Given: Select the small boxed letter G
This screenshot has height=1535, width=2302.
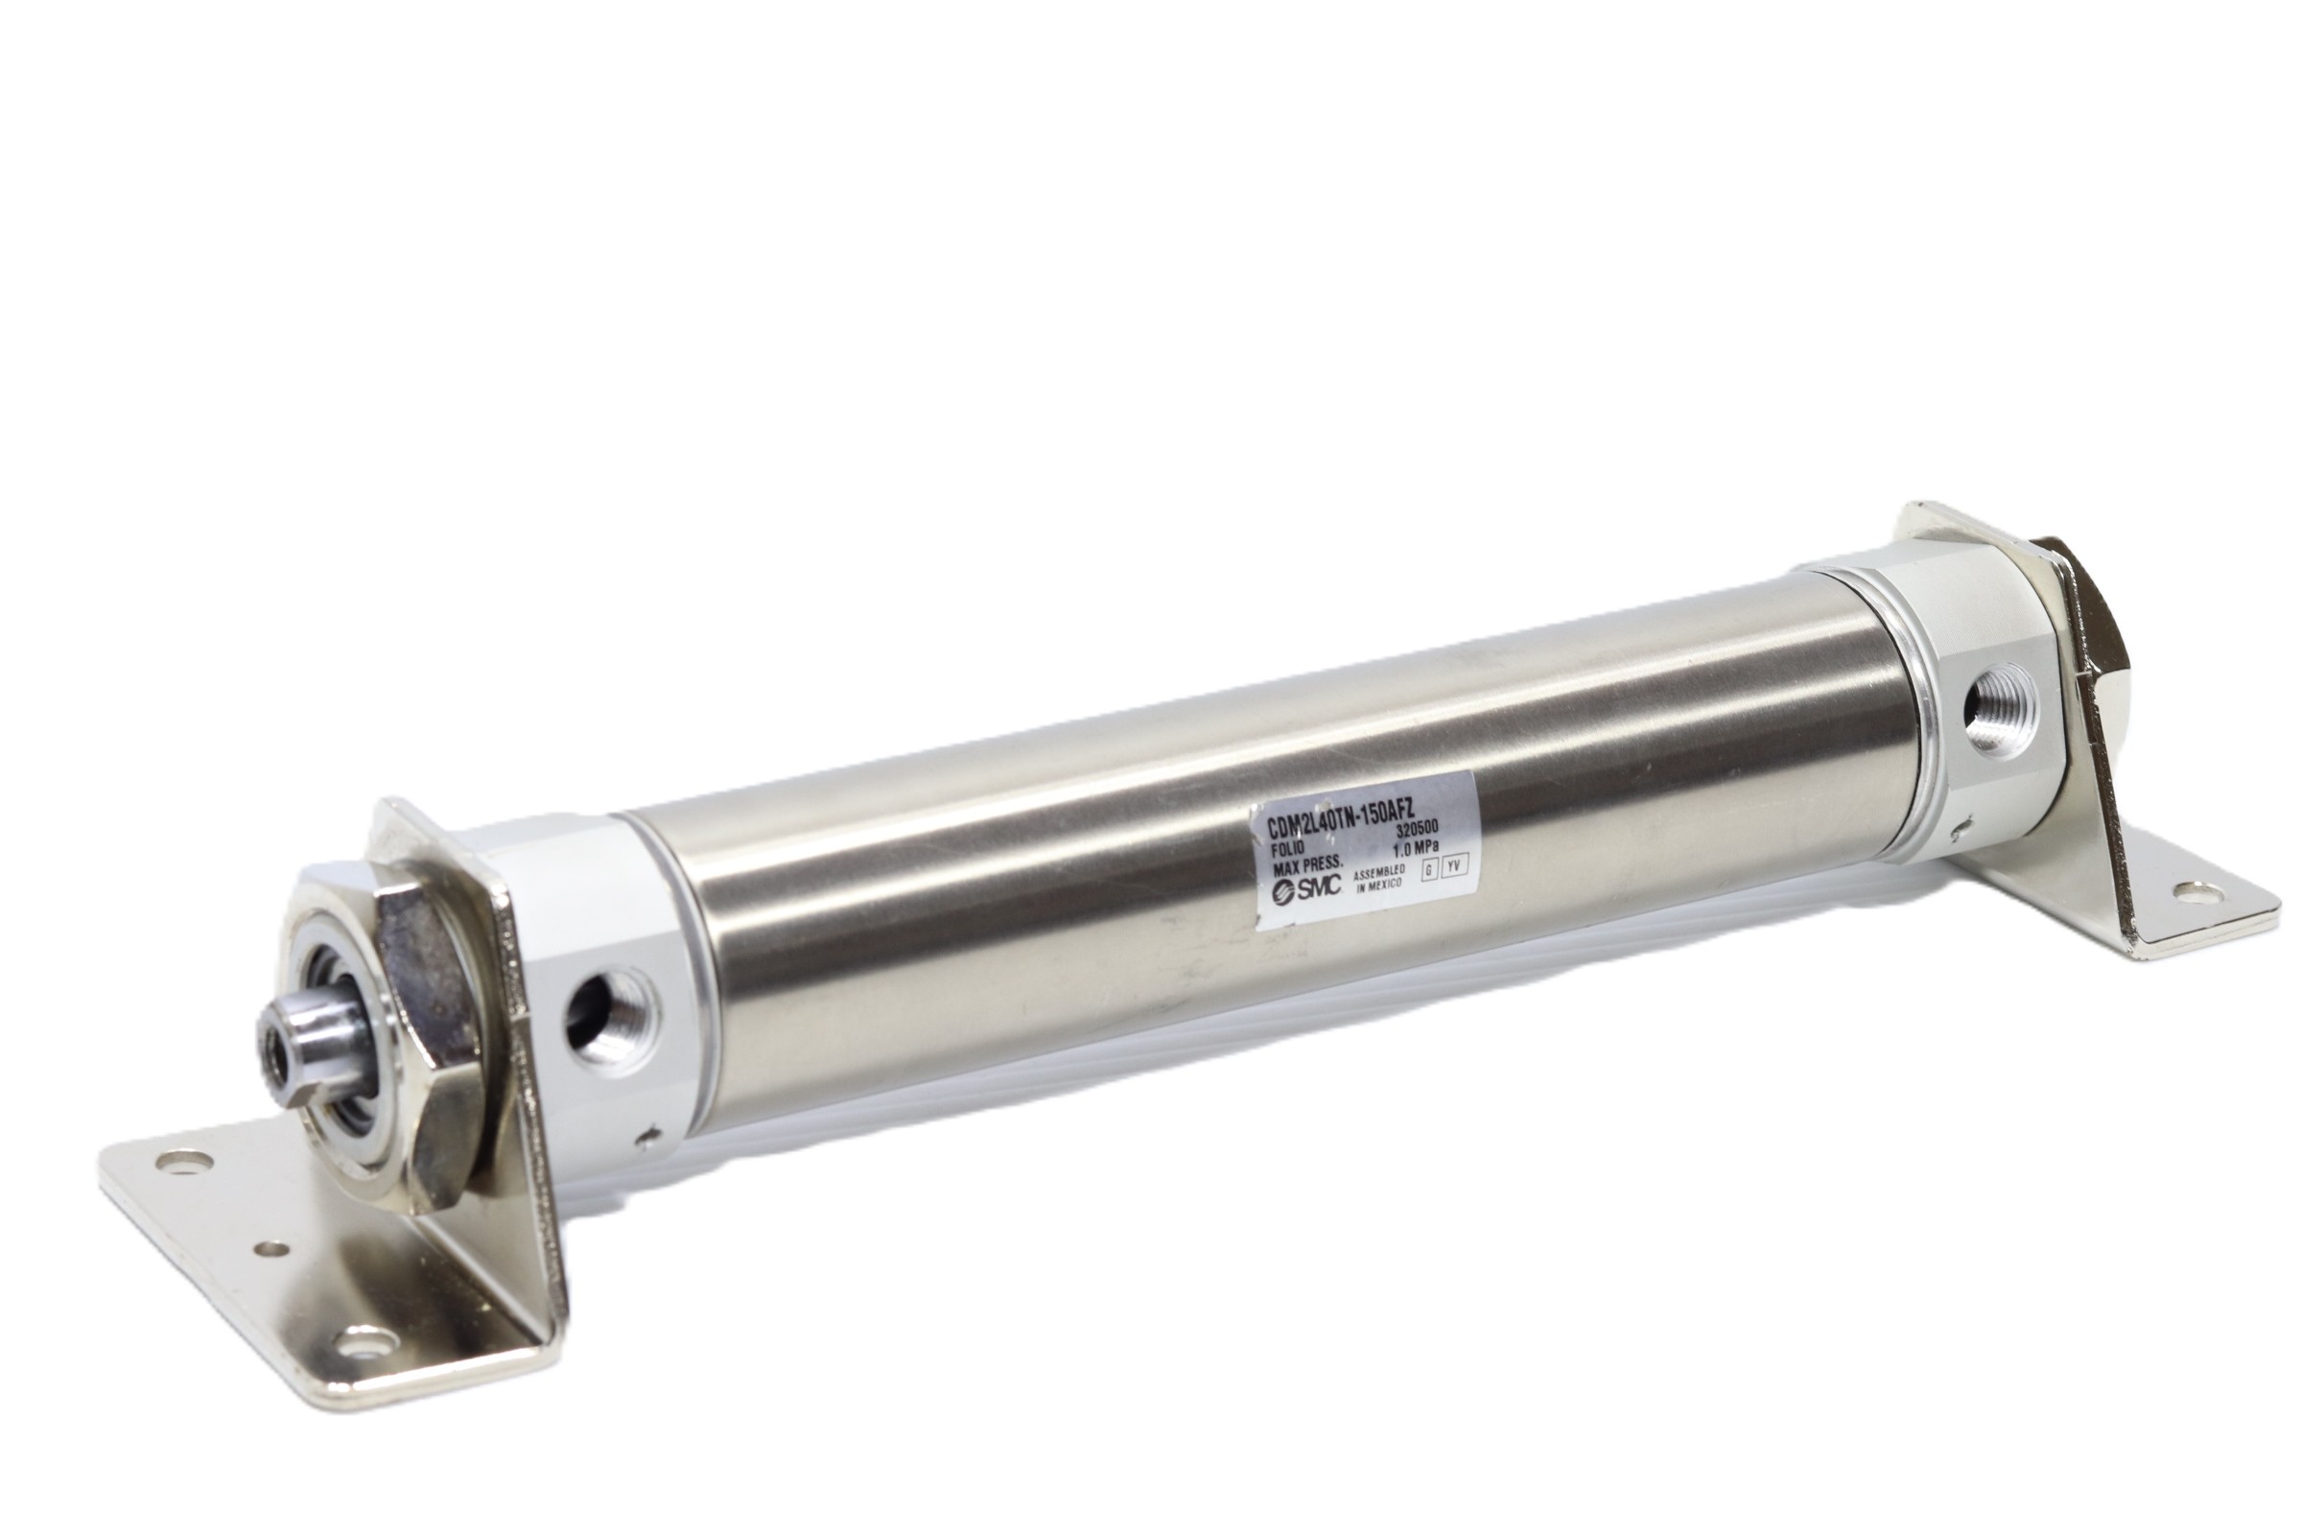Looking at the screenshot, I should tap(1431, 868).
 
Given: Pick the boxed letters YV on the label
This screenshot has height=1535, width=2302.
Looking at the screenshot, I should tap(1458, 864).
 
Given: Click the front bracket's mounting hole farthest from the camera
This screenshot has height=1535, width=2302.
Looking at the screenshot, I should tap(182, 1164).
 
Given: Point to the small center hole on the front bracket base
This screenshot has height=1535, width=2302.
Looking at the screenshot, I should tap(274, 1248).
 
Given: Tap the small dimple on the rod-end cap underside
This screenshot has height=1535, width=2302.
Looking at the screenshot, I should tap(648, 1138).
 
